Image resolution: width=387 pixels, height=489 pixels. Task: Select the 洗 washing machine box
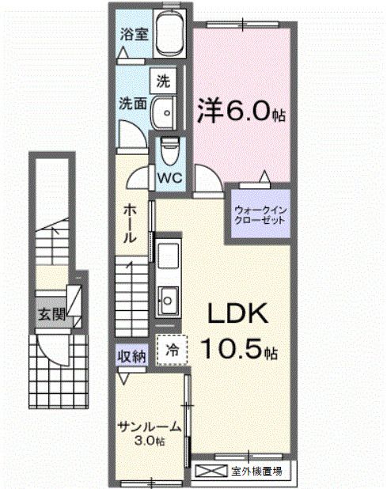click(163, 80)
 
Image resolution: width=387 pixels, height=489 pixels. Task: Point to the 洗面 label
click(131, 103)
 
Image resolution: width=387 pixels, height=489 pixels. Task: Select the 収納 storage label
click(132, 356)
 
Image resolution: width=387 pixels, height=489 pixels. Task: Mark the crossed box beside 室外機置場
click(210, 472)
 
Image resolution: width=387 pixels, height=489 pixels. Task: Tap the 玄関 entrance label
click(49, 313)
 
